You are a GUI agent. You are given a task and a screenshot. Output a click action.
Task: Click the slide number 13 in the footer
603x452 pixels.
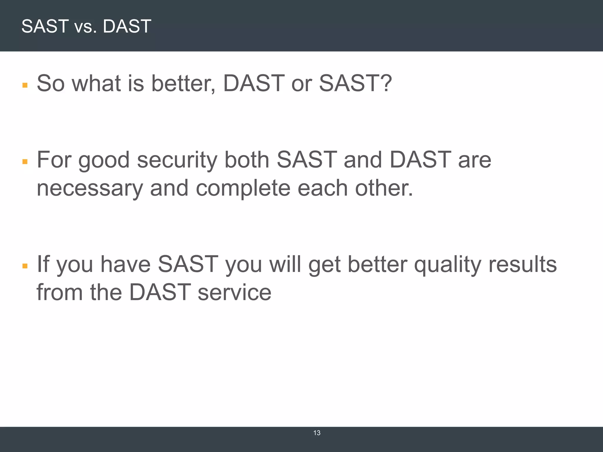pyautogui.click(x=317, y=433)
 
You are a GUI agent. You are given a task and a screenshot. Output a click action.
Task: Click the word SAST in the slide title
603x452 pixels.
pyautogui.click(x=45, y=26)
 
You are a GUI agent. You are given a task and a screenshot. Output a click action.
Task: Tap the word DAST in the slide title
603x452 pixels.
pyautogui.click(x=127, y=26)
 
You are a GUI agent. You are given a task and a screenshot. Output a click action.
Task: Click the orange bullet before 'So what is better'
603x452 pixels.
pyautogui.click(x=25, y=85)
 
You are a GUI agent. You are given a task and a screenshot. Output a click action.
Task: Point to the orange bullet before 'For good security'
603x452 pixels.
pyautogui.click(x=25, y=162)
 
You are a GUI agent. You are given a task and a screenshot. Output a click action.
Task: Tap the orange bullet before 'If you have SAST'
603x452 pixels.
pyautogui.click(x=25, y=266)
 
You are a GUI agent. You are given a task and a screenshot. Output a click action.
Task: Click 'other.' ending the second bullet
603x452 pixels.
pyautogui.click(x=384, y=188)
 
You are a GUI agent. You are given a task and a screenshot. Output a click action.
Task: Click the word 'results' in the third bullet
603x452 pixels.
pyautogui.click(x=523, y=264)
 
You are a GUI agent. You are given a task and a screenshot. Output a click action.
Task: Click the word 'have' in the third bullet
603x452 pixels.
pyautogui.click(x=125, y=264)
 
